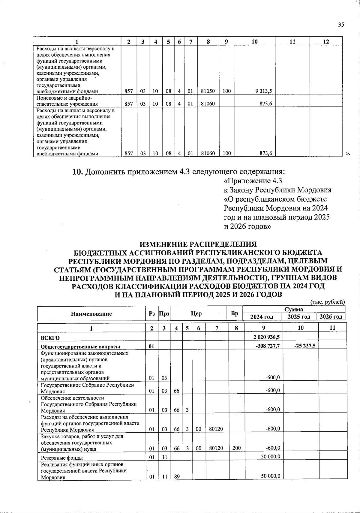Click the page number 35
click(341, 25)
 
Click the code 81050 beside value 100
click(208, 91)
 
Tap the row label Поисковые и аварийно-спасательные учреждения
click(67, 101)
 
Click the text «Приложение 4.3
click(253, 181)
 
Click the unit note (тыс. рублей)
click(327, 302)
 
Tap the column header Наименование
click(91, 314)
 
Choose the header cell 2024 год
click(262, 317)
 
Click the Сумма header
click(293, 309)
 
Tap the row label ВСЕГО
click(50, 338)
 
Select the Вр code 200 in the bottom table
click(236, 448)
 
